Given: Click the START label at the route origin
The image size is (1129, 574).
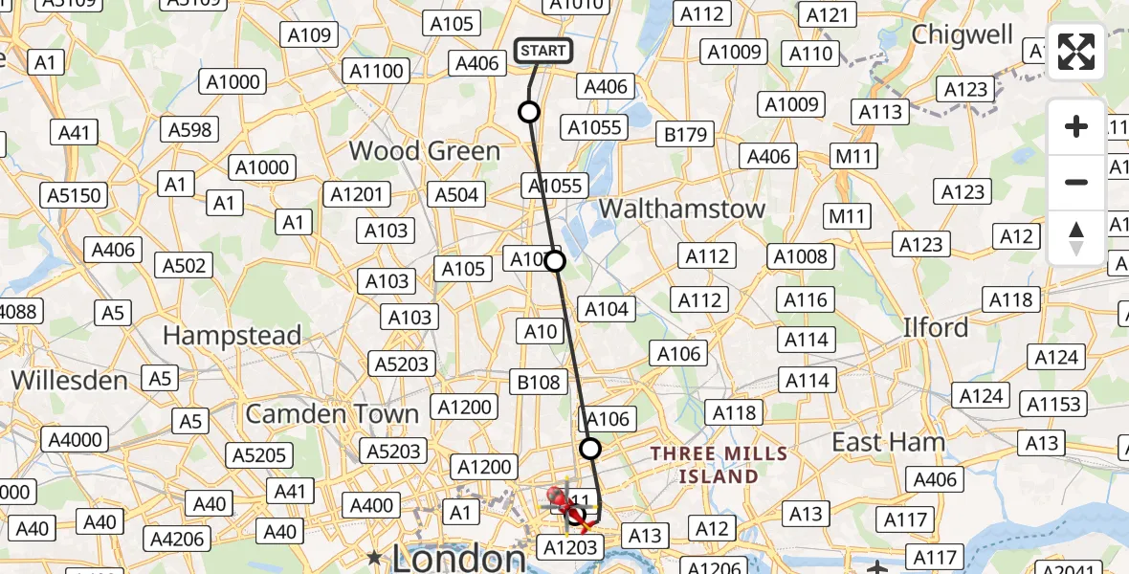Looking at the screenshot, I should tap(543, 51).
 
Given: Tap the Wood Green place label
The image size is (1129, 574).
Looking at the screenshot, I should tap(424, 151).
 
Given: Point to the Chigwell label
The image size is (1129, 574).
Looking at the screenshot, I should tap(962, 34).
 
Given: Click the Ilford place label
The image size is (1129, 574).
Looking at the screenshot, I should tap(936, 328).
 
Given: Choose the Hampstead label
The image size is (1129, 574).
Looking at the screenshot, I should tap(232, 336).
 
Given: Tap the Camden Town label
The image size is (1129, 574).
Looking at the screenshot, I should tap(332, 414).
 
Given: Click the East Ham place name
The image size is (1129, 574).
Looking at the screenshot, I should tap(889, 442).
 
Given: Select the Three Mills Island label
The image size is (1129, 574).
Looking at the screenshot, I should tap(719, 464).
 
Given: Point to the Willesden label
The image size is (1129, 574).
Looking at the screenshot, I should tap(69, 380).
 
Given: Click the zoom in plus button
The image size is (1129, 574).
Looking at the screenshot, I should tap(1076, 126).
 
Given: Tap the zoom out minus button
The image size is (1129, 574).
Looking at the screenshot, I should tap(1076, 182).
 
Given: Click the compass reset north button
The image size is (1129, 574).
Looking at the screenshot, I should tap(1076, 237).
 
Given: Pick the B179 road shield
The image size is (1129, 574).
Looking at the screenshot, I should tap(685, 135).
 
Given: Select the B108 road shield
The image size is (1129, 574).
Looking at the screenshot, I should tap(539, 383).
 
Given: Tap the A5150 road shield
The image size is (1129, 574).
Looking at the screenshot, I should tap(74, 196).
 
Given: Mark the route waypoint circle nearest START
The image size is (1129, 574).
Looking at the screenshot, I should tap(529, 112).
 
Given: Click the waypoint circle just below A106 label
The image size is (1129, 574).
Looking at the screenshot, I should tap(590, 448).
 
